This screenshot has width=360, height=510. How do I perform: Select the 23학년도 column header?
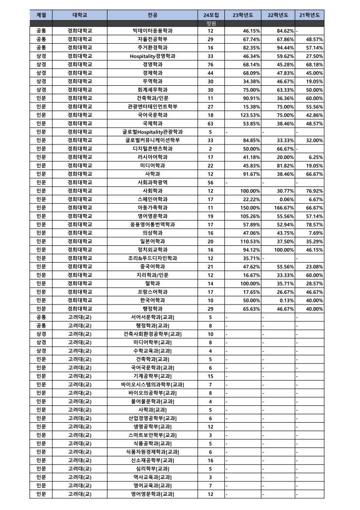(243, 15)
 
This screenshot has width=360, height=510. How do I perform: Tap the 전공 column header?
(153, 15)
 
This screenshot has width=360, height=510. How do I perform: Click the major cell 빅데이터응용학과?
(153, 31)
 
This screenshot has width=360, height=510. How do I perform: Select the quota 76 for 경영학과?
(211, 64)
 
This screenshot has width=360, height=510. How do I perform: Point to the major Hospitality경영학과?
(153, 56)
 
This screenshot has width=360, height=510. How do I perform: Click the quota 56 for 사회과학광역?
(211, 182)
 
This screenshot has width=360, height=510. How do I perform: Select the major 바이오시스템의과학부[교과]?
(153, 384)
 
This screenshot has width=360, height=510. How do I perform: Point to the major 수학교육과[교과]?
(153, 351)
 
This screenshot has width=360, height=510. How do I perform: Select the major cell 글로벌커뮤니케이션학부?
(153, 140)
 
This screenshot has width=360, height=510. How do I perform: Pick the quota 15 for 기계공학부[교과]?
(211, 376)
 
